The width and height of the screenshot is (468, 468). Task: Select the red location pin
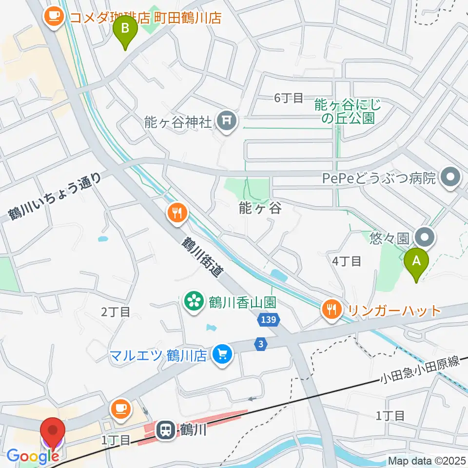[x=54, y=433]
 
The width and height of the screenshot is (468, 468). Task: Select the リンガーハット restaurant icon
[x=332, y=310]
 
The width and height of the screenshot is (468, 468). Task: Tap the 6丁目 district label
[x=289, y=98]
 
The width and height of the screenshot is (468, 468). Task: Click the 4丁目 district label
[x=346, y=261]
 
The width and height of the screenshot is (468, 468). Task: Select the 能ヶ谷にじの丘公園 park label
[x=347, y=111]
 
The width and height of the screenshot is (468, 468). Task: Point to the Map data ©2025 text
[x=426, y=460]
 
